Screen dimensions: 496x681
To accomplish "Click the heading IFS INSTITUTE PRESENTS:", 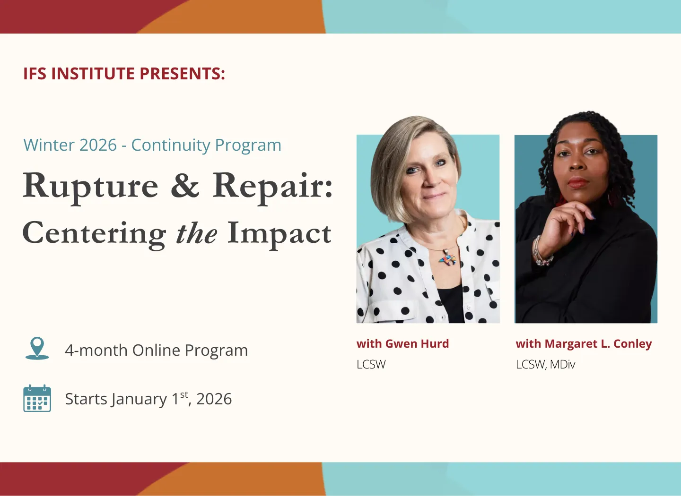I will (124, 74).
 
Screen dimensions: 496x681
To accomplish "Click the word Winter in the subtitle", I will (46, 145).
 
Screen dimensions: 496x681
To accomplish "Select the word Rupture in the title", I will (91, 186).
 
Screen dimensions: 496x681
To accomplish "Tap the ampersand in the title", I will (185, 186).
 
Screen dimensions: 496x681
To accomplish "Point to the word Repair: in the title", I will (272, 186).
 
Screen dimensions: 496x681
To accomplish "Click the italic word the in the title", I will (196, 234).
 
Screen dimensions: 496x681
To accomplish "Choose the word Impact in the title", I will (279, 233).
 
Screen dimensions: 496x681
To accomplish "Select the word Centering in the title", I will (94, 234).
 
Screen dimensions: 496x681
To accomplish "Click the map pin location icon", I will (37, 348).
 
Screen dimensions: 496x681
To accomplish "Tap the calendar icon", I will (37, 398).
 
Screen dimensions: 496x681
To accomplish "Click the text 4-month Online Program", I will (156, 351).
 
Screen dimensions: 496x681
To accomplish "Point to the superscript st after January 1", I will (184, 394).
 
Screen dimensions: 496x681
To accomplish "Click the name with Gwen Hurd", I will (402, 344).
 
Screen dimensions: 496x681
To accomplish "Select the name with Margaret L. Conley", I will (584, 344).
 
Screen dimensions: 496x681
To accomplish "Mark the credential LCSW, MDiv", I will (545, 365).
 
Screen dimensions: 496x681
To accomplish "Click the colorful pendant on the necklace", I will (446, 258).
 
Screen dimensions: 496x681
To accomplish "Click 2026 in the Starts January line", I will (214, 399).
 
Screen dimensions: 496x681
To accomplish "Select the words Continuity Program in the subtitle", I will (206, 145).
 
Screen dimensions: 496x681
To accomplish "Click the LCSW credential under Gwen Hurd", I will (371, 365).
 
